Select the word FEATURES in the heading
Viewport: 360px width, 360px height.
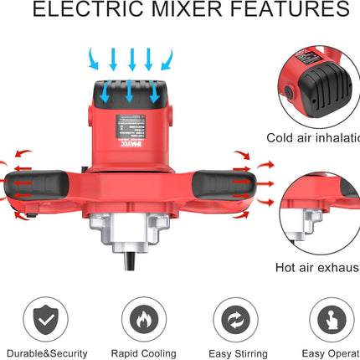(284, 11)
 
